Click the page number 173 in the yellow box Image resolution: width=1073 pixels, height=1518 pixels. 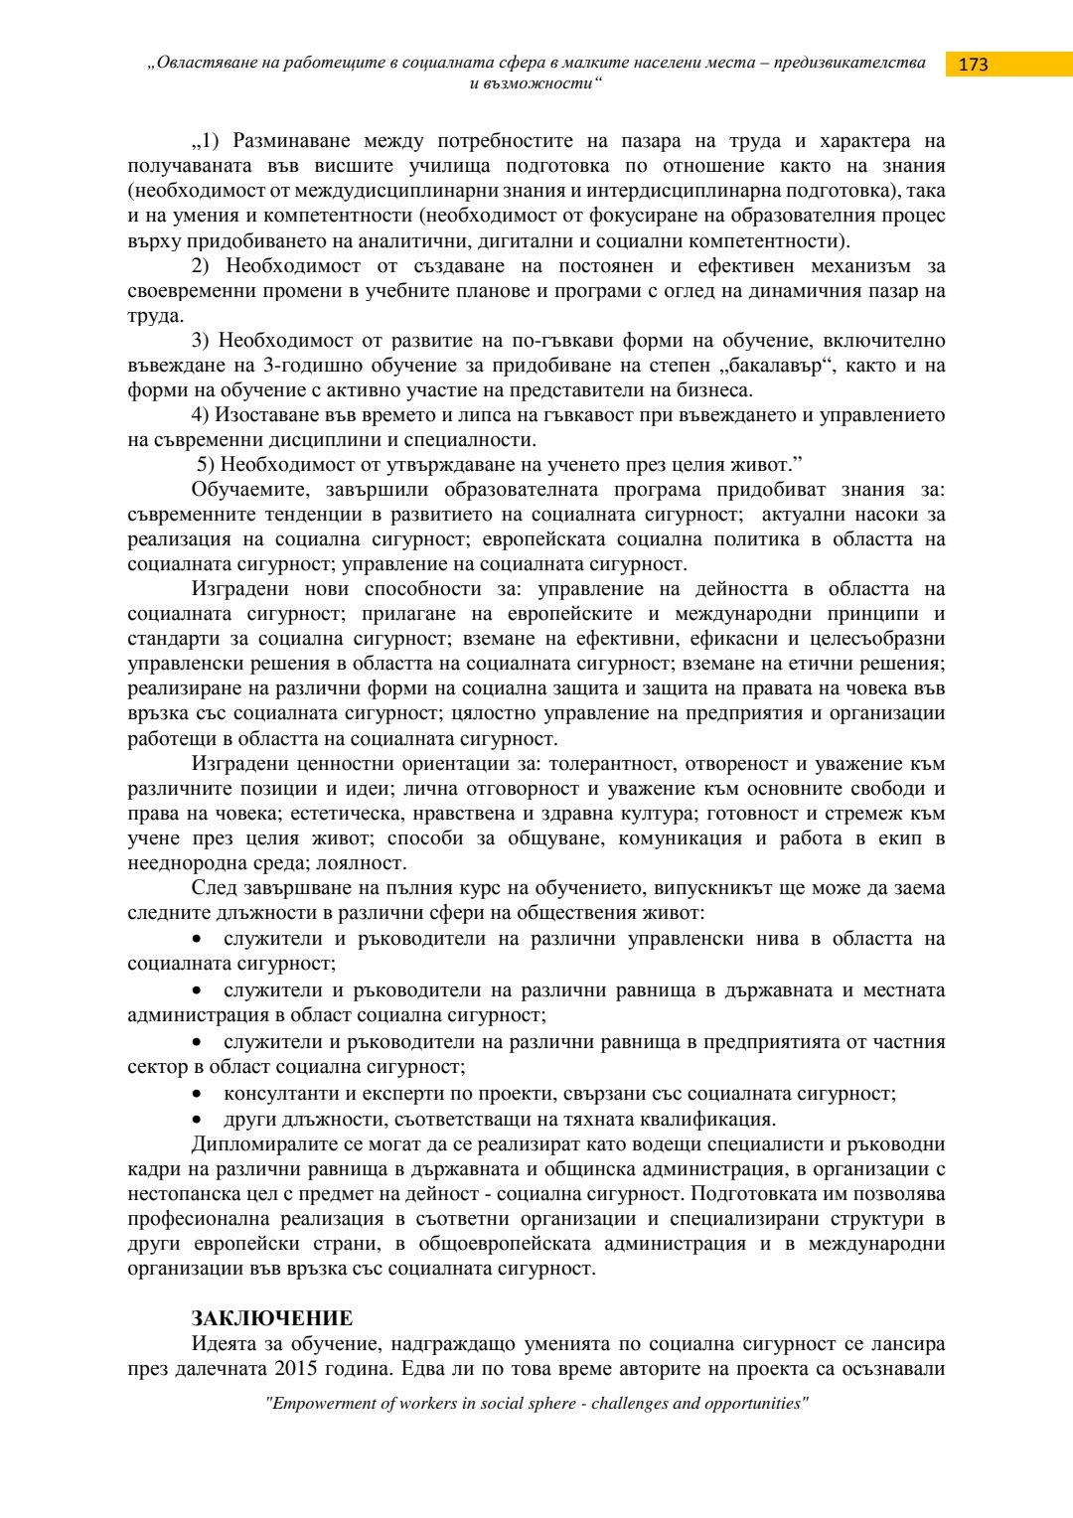click(974, 65)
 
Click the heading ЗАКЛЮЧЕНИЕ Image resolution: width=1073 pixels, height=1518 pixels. click(271, 1318)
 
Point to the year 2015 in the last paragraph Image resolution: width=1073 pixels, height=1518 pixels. click(297, 1368)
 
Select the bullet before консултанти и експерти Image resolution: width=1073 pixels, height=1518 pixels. click(199, 1094)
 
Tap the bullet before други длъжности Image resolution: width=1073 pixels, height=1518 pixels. click(199, 1120)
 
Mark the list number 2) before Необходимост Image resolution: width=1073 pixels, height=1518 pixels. click(201, 266)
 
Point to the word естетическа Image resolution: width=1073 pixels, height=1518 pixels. click(348, 814)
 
